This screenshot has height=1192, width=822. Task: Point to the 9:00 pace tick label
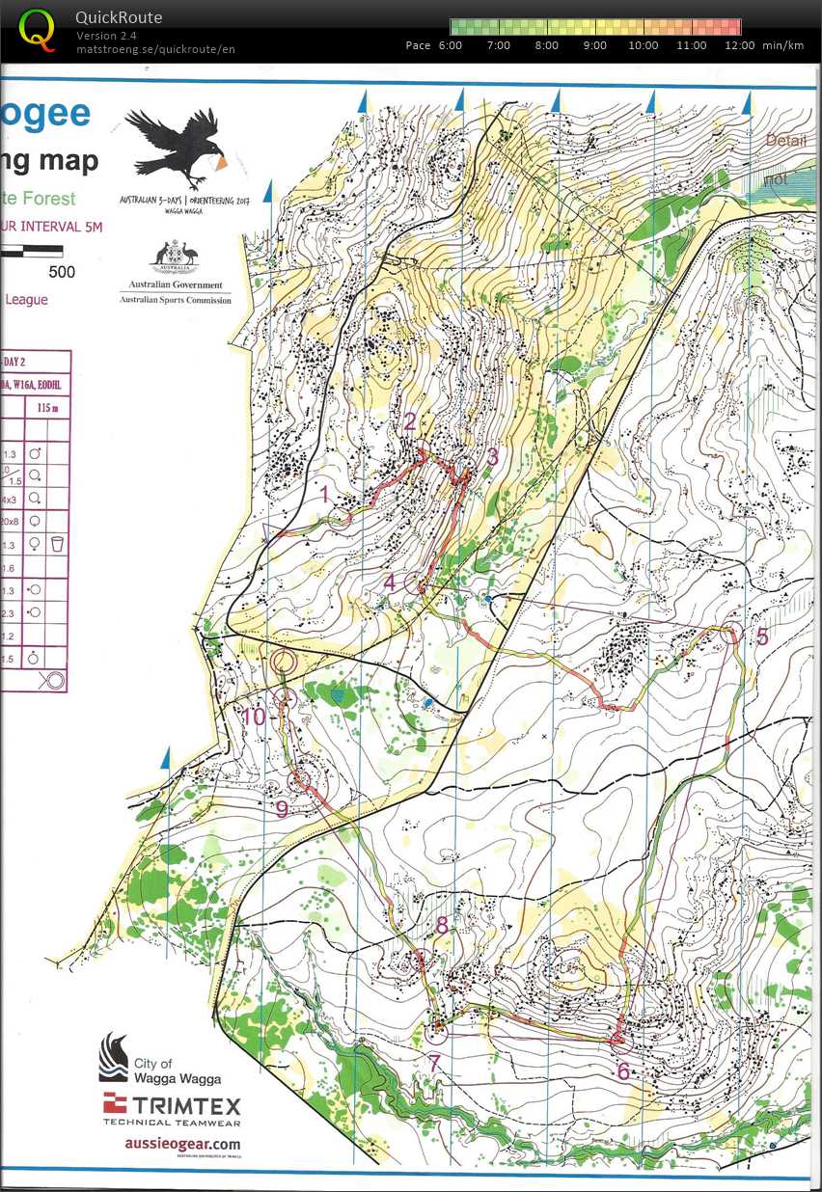coord(595,45)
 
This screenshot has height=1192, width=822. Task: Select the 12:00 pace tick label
coord(740,45)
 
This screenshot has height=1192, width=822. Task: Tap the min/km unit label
coord(782,45)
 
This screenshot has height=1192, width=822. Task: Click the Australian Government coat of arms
coord(174,257)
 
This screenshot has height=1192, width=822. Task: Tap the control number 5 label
coord(762,637)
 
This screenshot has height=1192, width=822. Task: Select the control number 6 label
coord(623,1070)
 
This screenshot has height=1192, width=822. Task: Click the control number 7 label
coord(435,1063)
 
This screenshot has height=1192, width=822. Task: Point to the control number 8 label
coord(442,926)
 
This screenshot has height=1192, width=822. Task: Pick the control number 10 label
coord(253,717)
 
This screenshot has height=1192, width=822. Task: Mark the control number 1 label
coord(325,495)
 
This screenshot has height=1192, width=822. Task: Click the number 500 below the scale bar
coord(62,272)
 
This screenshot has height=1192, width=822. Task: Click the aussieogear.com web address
coord(182,1143)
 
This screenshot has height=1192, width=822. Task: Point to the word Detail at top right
coord(785,141)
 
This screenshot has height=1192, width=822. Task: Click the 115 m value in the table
coord(47,409)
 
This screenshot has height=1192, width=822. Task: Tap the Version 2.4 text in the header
coord(105,36)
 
